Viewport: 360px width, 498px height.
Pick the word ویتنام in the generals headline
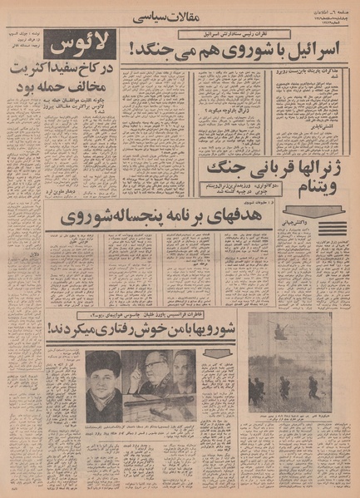point(225,193)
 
